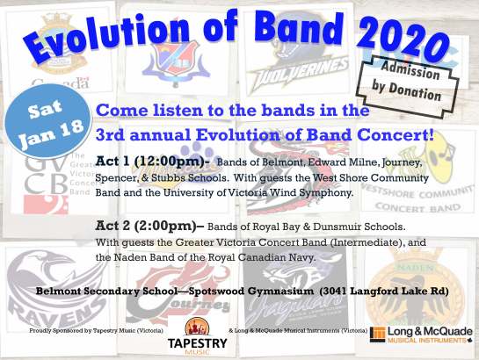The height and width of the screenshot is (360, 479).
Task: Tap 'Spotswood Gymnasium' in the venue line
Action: point(232,291)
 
